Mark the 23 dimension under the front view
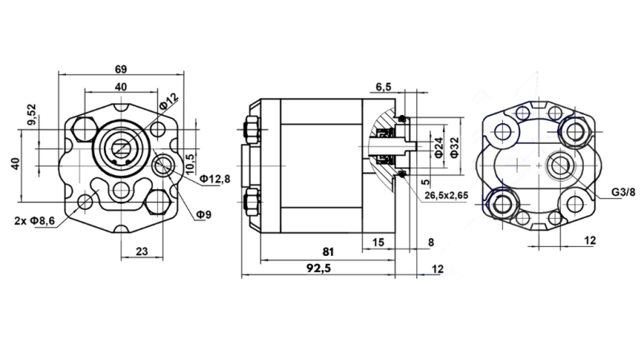click(x=142, y=251)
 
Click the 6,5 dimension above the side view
click(x=383, y=86)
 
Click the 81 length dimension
click(x=328, y=251)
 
